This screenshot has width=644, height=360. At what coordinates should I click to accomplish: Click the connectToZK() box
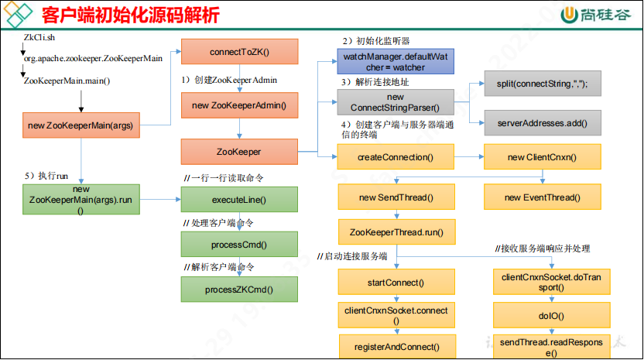click(238, 52)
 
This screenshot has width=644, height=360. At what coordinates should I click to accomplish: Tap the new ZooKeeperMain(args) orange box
click(81, 125)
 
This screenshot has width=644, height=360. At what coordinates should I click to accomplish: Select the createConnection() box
click(395, 157)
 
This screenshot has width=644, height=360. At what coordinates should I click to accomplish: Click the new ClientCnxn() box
click(542, 157)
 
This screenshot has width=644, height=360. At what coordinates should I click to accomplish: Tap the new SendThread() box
click(396, 197)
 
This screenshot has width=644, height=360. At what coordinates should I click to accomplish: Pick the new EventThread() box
click(542, 197)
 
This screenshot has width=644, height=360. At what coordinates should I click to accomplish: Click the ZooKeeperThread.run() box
click(396, 231)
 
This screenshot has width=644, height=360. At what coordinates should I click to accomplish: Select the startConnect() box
click(396, 282)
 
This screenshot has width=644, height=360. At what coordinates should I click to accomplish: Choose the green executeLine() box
click(238, 200)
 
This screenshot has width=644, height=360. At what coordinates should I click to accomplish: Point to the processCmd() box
click(238, 245)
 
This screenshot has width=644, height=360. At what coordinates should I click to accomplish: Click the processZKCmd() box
click(238, 289)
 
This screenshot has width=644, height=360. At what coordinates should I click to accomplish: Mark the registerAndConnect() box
click(396, 347)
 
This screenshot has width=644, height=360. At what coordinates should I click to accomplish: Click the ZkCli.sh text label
click(39, 37)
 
